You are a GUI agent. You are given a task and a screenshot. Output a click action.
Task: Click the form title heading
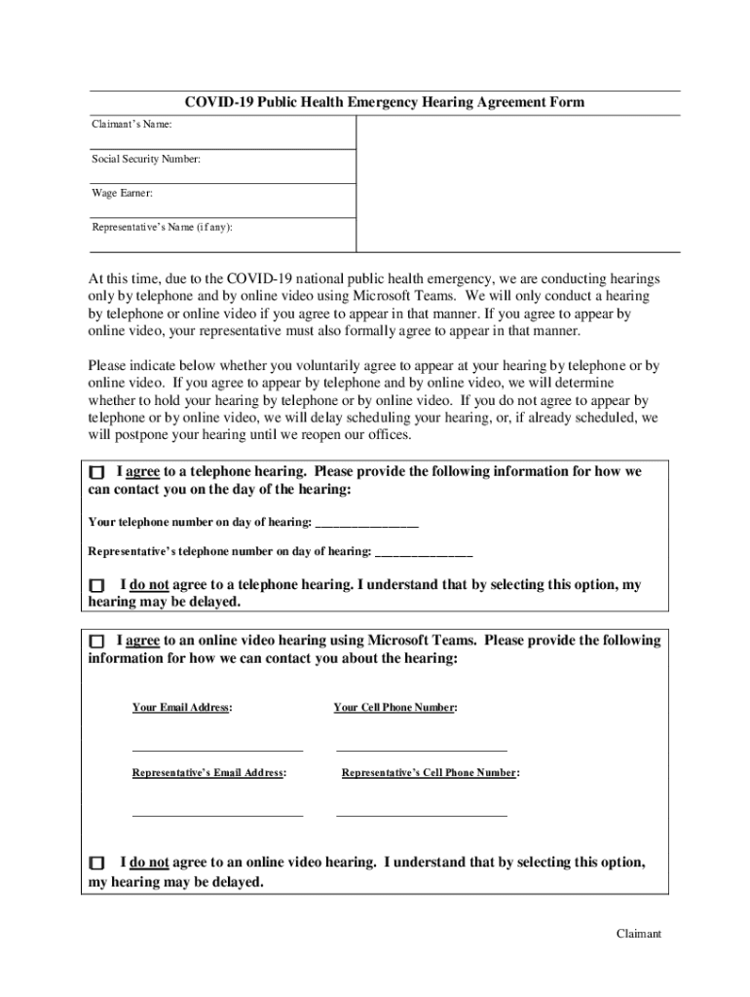point(385,102)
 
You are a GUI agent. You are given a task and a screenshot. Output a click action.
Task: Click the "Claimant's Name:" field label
point(132,125)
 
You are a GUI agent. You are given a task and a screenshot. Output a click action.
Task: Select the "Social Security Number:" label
point(146,159)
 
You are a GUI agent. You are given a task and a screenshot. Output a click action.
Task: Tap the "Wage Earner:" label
point(122,193)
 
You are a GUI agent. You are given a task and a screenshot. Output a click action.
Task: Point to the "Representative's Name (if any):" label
point(162,227)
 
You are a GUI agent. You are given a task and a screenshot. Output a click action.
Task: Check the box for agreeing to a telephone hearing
point(95,472)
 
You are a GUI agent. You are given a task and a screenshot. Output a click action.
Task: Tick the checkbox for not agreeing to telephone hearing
point(96,586)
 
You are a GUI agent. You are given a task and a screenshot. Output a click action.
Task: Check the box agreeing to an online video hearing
point(95,643)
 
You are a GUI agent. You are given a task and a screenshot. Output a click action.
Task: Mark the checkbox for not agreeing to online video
point(95,864)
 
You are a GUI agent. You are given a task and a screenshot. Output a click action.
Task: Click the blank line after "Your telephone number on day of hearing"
point(366,524)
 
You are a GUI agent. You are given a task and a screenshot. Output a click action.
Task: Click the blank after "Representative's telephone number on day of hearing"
point(424,553)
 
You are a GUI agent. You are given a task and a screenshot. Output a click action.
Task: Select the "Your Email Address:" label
point(182,708)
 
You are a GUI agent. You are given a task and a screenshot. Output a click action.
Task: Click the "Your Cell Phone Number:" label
point(394,708)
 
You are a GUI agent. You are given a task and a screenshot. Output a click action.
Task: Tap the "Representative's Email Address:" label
point(209,773)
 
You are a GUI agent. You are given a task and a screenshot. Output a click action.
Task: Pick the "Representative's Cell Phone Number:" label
point(431,773)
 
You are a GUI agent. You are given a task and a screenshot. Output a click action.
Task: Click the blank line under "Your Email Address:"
point(217,750)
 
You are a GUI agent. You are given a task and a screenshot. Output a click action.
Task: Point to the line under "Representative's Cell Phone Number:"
point(421,814)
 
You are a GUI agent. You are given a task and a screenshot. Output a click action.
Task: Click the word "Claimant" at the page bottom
point(638,934)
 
